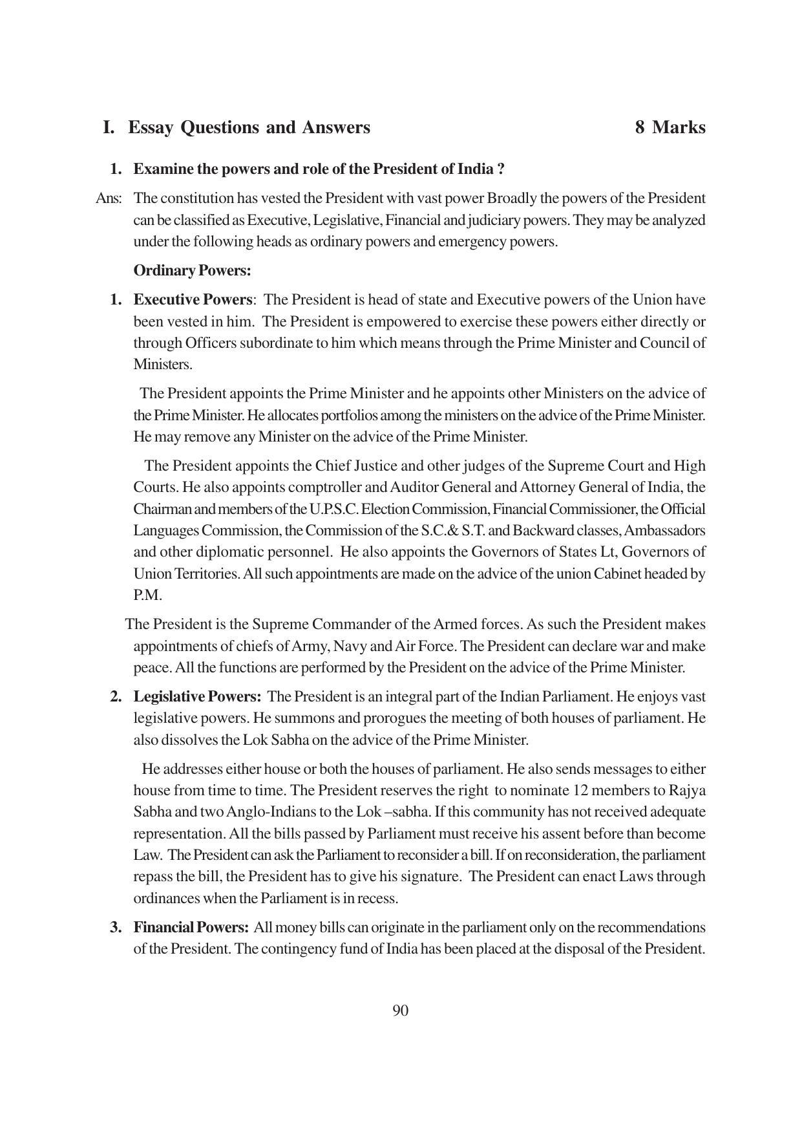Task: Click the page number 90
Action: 400,1011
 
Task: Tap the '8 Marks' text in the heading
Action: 670,127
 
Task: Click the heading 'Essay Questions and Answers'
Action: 249,127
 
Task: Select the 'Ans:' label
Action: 108,198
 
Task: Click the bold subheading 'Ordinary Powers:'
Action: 192,270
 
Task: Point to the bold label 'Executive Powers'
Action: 193,300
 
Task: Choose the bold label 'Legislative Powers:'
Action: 197,697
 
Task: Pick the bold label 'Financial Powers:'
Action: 191,928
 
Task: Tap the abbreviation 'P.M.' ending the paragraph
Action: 147,595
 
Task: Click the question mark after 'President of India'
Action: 501,169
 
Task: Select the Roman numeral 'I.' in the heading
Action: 109,127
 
